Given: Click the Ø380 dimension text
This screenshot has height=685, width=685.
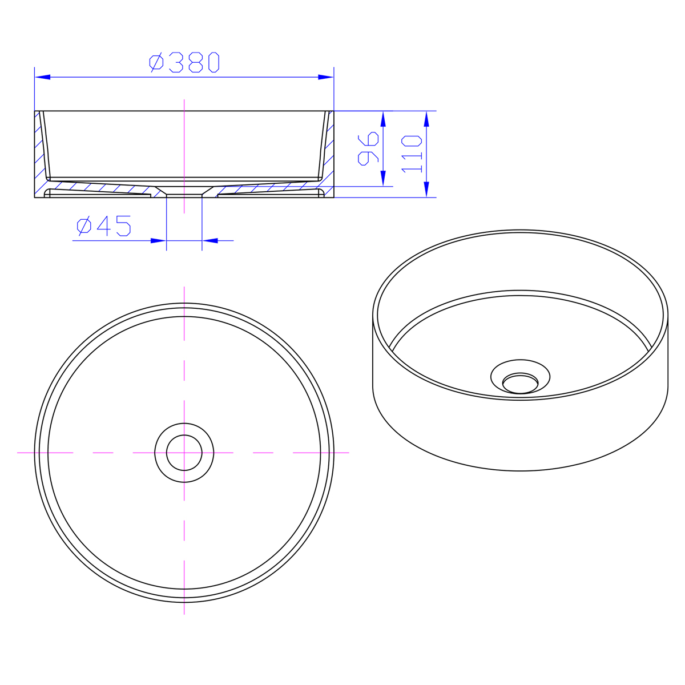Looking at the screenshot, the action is pos(184,62).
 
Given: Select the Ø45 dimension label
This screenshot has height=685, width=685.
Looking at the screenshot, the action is pos(104,225).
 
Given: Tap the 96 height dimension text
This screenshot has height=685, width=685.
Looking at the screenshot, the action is pos(368,148).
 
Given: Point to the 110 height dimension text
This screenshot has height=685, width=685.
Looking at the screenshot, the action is pos(412,154).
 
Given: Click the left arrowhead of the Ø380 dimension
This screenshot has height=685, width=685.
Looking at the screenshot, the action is pos(43,77).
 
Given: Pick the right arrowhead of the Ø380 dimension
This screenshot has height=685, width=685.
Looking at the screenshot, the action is pos(325,77).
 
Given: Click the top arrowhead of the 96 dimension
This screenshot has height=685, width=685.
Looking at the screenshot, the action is pos(383,119).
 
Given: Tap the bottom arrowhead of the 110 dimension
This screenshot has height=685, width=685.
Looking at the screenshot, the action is pos(426,190).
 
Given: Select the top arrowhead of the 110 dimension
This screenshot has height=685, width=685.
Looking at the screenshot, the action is pos(426,119).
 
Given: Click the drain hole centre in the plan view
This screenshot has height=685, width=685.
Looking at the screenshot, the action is pos(184,453).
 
